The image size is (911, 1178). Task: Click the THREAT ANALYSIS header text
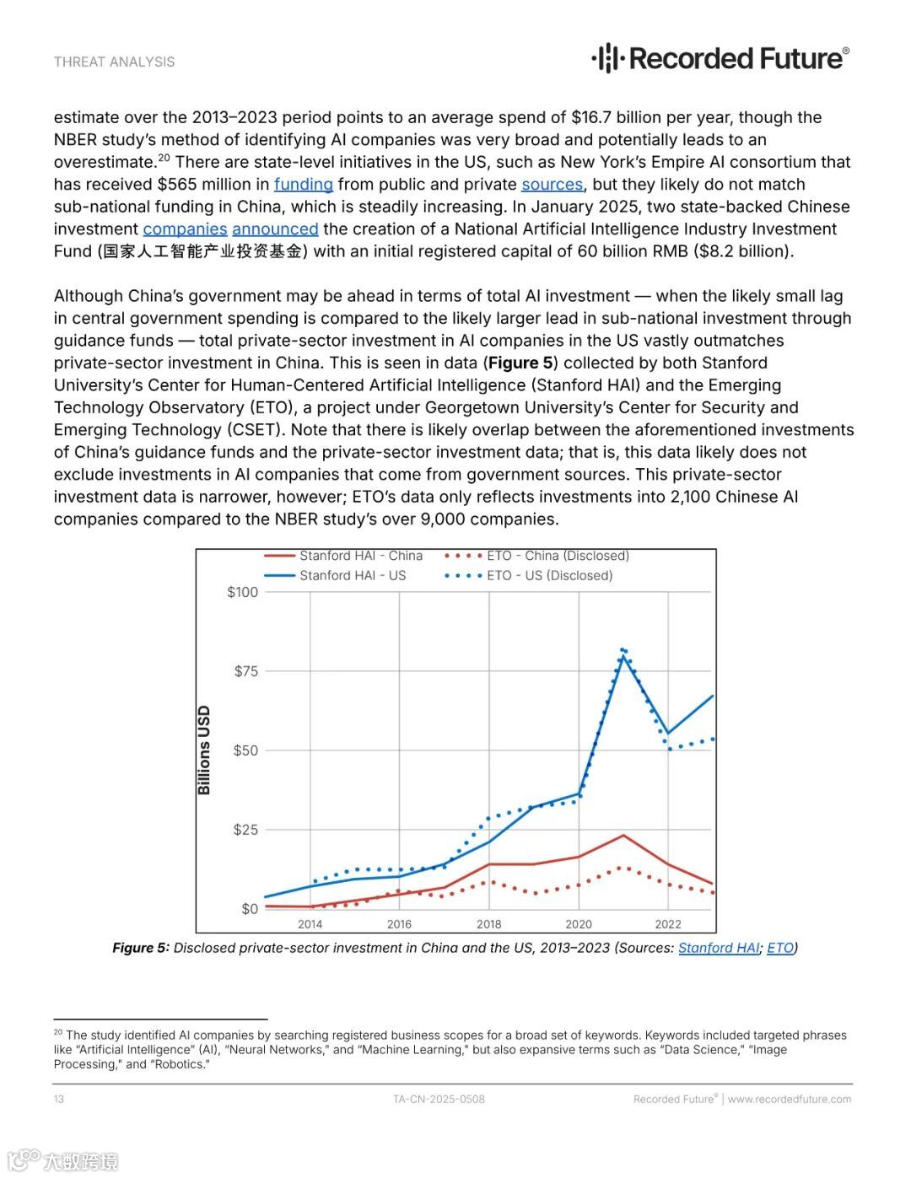[x=115, y=62]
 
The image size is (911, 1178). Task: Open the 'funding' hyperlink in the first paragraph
[x=303, y=185]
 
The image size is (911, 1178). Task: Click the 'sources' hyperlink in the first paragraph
[x=552, y=185]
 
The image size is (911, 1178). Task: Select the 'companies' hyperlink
[x=185, y=229]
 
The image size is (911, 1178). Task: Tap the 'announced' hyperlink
[x=275, y=229]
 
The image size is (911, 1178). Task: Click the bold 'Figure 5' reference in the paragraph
[x=522, y=363]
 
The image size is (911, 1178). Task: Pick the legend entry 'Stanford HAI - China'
[x=360, y=556]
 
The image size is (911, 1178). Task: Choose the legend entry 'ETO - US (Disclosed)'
[x=549, y=576]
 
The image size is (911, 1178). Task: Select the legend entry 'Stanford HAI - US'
[x=352, y=576]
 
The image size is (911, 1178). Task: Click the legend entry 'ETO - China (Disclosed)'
[x=558, y=556]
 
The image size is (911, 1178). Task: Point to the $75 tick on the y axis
[x=246, y=671]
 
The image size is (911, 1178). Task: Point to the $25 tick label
[x=246, y=830]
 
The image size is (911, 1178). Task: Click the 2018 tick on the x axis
[x=488, y=924]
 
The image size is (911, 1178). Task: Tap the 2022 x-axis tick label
[x=668, y=924]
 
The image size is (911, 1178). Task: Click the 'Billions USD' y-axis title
[x=204, y=750]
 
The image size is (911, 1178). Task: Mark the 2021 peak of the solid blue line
[x=623, y=657]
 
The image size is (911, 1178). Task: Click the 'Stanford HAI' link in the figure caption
[x=719, y=948]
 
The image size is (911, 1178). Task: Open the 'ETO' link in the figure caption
[x=780, y=948]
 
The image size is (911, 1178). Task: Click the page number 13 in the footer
[x=59, y=1099]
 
